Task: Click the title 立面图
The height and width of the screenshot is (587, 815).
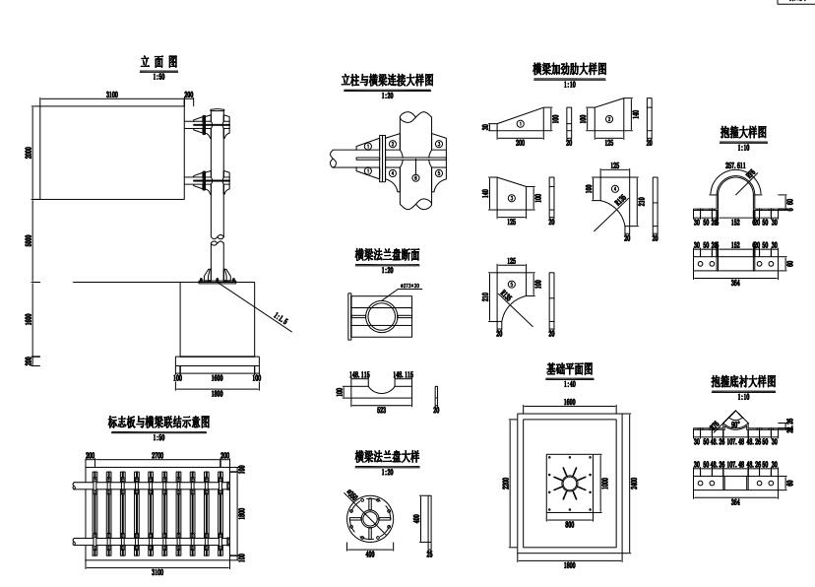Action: [x=157, y=63]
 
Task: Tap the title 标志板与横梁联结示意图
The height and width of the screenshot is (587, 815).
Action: [x=157, y=422]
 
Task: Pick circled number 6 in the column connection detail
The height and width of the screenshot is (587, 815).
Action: [x=414, y=178]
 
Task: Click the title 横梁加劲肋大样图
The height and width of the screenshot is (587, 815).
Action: [x=568, y=71]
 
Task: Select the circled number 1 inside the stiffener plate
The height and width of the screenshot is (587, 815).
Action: [x=518, y=123]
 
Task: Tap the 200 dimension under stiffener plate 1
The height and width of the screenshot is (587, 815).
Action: [x=520, y=142]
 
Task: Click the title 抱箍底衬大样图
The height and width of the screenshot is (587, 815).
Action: [x=743, y=382]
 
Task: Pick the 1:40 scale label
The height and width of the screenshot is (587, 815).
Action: [x=569, y=383]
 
